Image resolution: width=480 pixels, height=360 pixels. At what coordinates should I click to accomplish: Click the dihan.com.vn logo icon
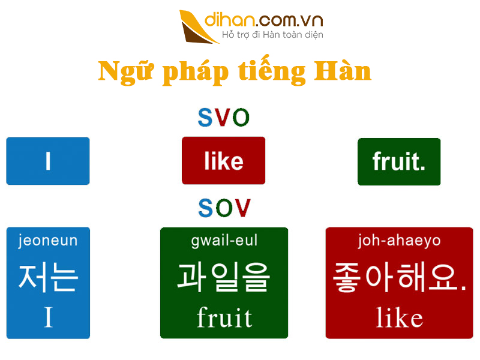199,26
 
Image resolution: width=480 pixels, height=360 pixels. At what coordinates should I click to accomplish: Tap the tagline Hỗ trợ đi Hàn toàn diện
272,35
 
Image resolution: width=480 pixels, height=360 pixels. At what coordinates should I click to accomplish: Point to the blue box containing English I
48,161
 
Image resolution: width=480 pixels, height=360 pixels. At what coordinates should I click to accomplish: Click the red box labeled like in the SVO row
223,161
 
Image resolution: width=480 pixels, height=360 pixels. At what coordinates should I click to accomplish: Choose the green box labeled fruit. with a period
399,161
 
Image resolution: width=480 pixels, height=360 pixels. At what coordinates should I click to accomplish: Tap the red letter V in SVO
224,118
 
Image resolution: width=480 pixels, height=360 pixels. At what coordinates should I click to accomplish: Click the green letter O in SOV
224,208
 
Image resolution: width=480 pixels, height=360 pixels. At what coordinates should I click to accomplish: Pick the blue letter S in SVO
205,118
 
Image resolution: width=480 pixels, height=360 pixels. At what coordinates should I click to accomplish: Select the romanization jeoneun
48,241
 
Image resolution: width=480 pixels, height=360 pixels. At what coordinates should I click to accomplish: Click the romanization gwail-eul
224,241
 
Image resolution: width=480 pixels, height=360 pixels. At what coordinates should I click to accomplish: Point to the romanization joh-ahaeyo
399,241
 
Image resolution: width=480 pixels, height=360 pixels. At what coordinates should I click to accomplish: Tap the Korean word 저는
48,277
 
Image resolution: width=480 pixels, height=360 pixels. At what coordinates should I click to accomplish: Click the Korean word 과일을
224,277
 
